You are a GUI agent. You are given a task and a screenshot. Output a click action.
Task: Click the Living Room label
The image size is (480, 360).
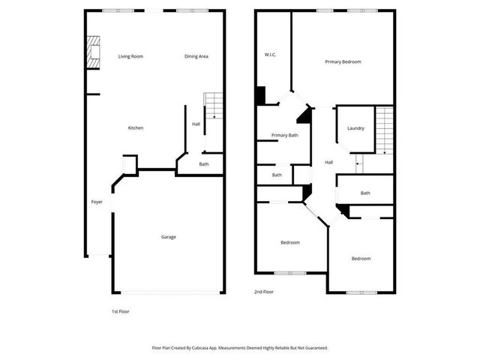coord(130,56)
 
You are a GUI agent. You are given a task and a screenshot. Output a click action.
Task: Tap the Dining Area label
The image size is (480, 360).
coord(196,56)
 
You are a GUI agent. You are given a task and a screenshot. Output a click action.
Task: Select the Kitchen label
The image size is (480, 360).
coord(135,127)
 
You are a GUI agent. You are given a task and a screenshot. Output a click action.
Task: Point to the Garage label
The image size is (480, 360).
coord(169,237)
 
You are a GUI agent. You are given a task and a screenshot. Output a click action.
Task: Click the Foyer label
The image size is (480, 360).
coord(97,202)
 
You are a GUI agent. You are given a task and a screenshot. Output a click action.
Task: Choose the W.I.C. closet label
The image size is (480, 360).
coord(271,55)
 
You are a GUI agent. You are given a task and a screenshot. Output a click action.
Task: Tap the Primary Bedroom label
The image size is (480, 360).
coord(343,61)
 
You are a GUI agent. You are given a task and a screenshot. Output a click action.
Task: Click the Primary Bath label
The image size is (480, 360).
coord(284,135)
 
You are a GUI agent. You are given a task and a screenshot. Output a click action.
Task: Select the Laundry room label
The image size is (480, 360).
coord(355,128)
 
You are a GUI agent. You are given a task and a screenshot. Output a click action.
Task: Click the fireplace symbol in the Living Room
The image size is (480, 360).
coord(92,53)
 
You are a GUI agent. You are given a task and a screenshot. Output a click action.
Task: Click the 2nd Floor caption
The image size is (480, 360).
coord(264,292)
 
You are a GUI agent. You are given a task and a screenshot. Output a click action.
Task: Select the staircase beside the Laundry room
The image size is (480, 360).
coord(385,129)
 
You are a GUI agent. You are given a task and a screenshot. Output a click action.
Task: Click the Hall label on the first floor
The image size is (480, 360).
coord(196,124)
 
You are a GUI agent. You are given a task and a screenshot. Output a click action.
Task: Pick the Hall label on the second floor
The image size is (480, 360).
coord(328,162)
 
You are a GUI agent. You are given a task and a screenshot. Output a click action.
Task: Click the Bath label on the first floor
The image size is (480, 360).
coord(204,164)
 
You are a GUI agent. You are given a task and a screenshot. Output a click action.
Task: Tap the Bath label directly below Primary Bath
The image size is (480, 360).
coord(277,175)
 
